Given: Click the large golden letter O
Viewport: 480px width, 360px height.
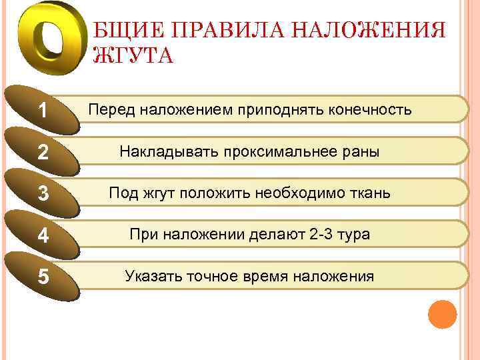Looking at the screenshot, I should pos(48,42).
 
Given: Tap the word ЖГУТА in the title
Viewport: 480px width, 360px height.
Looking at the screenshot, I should pos(134,55).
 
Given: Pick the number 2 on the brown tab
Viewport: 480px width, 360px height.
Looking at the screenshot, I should pos(43,153).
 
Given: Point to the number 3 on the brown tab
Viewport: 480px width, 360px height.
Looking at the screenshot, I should pos(43,195).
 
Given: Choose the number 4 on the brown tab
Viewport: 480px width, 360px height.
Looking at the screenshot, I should pos(43,237).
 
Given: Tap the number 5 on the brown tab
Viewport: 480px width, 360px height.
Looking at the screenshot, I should pos(43,277).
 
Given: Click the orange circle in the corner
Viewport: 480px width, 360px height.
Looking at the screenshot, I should pos(442,314).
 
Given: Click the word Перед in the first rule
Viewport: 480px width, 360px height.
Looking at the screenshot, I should pos(111,109).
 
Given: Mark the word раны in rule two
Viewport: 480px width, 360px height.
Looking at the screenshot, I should pos(362,152).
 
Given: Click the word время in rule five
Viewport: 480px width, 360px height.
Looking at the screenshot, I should pos(260,276).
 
